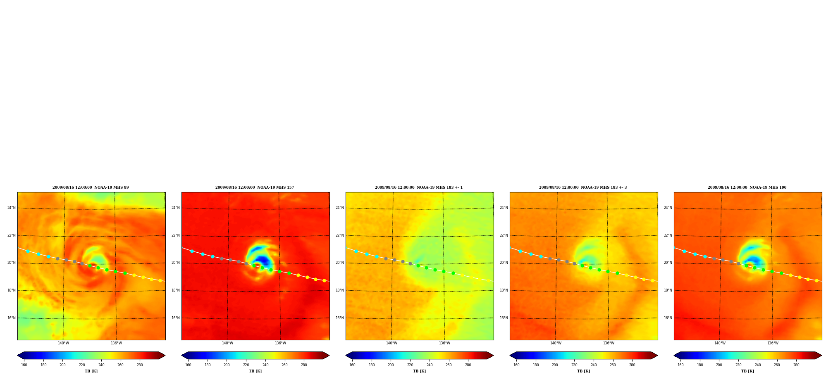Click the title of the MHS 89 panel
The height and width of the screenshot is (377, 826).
coord(91,187)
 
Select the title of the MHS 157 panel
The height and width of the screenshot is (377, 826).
coord(255,187)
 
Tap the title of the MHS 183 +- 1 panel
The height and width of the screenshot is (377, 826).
coord(419,187)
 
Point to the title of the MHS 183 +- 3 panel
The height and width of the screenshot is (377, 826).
coord(583,187)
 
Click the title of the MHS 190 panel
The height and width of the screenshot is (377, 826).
coord(747,187)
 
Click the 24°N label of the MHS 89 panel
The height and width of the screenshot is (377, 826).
coord(12,208)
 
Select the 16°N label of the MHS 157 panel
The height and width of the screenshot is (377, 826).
coord(176,318)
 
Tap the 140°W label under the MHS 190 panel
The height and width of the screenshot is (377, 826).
coord(720,343)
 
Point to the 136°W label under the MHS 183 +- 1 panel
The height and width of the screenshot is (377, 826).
coord(444,343)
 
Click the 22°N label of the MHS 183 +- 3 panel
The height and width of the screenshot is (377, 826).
coord(504,235)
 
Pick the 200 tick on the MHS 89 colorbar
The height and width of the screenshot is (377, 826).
coord(62,365)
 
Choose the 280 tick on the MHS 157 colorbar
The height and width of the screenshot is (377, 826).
coord(304,365)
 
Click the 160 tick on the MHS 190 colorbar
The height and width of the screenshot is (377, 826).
coord(680,365)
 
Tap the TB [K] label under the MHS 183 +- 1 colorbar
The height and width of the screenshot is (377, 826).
coord(419,371)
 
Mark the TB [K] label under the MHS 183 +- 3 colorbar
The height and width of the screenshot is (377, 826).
coord(583,371)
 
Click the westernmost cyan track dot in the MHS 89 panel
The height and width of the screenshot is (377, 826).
coord(28,251)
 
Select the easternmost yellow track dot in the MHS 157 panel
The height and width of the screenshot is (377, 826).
coord(324,280)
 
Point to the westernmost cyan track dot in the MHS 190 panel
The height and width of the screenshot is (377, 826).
coord(684,251)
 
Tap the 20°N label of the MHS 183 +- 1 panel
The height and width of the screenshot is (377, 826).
coord(340,263)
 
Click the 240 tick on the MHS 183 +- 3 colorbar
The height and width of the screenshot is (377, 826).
coord(594,365)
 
